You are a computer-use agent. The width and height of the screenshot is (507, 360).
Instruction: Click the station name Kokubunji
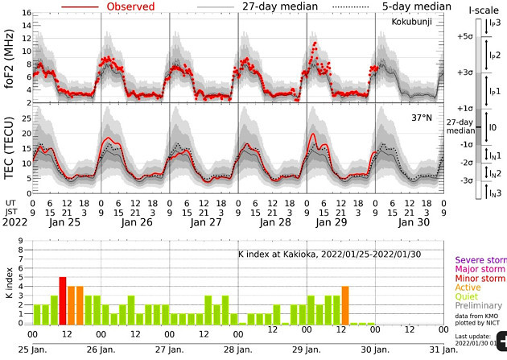click(411, 23)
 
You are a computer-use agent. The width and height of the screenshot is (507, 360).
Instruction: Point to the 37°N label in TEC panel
click(422, 118)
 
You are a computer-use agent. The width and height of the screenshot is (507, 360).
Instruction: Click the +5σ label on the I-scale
click(463, 37)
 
